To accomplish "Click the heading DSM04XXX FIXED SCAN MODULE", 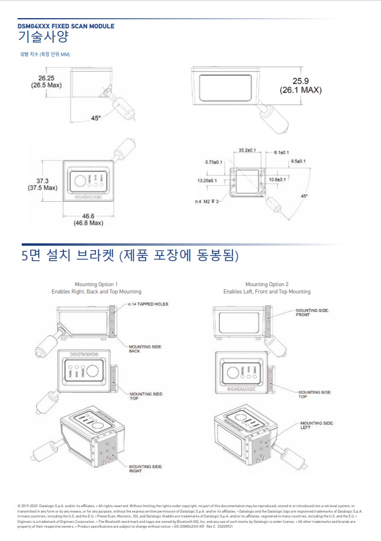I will [x=66, y=26].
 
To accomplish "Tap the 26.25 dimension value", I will [x=46, y=78].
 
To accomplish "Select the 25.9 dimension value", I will [x=300, y=81].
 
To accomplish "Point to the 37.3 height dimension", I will [x=42, y=181].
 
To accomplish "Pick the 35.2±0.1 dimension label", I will [x=247, y=150].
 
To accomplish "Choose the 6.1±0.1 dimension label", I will [x=281, y=152].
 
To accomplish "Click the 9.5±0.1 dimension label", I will [x=298, y=161].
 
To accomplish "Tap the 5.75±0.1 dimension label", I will [x=214, y=162].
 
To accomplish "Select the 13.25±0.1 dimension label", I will [x=210, y=179].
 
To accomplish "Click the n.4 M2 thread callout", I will [x=207, y=201].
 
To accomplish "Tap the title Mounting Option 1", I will [x=96, y=284].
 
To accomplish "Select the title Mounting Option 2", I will [x=267, y=284].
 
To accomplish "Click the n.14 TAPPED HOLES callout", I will [x=148, y=304].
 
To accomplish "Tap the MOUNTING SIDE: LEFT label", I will [x=316, y=425].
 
